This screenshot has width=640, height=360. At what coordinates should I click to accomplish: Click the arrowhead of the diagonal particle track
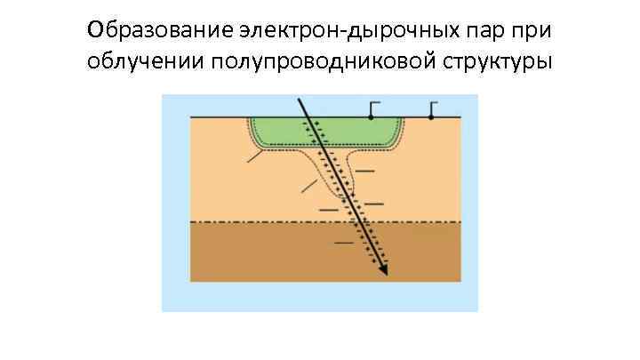pos(384,270)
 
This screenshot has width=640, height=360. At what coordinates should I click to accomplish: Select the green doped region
pos(276,130)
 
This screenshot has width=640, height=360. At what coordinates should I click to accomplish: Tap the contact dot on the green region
pos(371,117)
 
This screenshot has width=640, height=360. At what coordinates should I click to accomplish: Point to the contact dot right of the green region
pos(431,117)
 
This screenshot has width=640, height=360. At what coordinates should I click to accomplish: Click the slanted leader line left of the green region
pos(255,157)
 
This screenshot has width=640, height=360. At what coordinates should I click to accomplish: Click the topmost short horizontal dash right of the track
pos(364,169)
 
